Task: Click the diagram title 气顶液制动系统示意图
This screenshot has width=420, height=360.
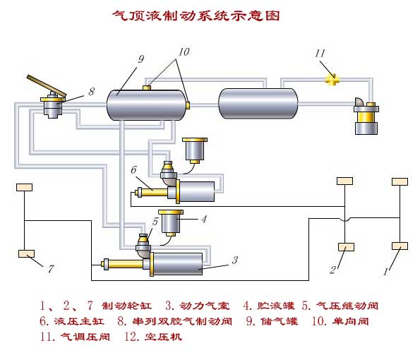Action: coord(196,16)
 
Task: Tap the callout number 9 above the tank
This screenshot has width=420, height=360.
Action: coord(141,59)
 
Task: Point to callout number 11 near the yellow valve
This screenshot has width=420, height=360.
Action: coord(320,54)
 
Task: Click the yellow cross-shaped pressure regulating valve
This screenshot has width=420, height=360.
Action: coord(332,79)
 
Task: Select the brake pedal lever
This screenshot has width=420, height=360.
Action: coord(47,85)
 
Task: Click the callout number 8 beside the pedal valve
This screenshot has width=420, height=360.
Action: coord(92,92)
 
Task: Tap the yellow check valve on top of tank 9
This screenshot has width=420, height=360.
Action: coord(146,88)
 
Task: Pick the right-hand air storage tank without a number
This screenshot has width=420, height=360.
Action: coord(258,103)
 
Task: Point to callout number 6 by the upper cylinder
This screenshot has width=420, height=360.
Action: coord(133,170)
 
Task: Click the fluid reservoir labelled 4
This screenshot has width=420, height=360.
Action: coord(171,223)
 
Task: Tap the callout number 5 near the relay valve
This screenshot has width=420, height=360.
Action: coord(155,222)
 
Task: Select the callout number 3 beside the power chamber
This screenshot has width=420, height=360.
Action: coord(235,260)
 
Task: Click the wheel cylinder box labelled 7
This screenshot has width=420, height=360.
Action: coord(26,253)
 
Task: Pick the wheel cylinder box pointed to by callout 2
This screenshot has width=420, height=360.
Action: coord(346,247)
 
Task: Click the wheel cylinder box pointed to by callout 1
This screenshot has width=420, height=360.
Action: coord(400,246)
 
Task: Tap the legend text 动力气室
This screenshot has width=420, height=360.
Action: coord(205,306)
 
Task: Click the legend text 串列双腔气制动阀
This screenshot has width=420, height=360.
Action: coord(182,321)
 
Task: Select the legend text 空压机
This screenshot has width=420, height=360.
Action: coord(163,337)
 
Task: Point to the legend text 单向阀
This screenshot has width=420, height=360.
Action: coord(351,321)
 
